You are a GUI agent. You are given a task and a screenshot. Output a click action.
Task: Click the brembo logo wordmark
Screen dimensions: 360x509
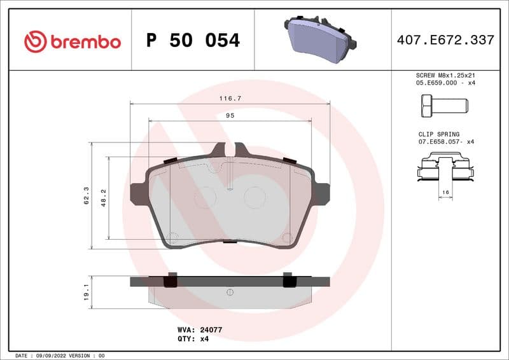click(x=73, y=41)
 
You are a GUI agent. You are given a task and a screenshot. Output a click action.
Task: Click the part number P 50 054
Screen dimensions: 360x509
click(x=193, y=41)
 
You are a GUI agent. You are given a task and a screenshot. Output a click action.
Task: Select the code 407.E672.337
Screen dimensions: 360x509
click(x=445, y=40)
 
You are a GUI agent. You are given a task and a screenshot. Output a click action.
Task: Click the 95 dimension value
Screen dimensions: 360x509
click(x=230, y=116)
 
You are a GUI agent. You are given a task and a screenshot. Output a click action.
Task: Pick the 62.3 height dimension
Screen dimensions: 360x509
click(x=85, y=196)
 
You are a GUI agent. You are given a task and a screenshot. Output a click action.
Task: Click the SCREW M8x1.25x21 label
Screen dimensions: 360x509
click(x=445, y=75)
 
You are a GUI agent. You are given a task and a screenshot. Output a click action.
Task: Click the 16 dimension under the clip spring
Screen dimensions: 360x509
click(x=445, y=191)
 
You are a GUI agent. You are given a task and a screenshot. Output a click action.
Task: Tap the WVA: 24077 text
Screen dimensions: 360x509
click(x=199, y=330)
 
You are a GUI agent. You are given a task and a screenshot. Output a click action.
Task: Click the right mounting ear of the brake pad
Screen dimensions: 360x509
click(x=322, y=193)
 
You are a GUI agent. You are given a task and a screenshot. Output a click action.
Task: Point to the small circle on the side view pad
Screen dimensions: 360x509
click(x=230, y=292)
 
